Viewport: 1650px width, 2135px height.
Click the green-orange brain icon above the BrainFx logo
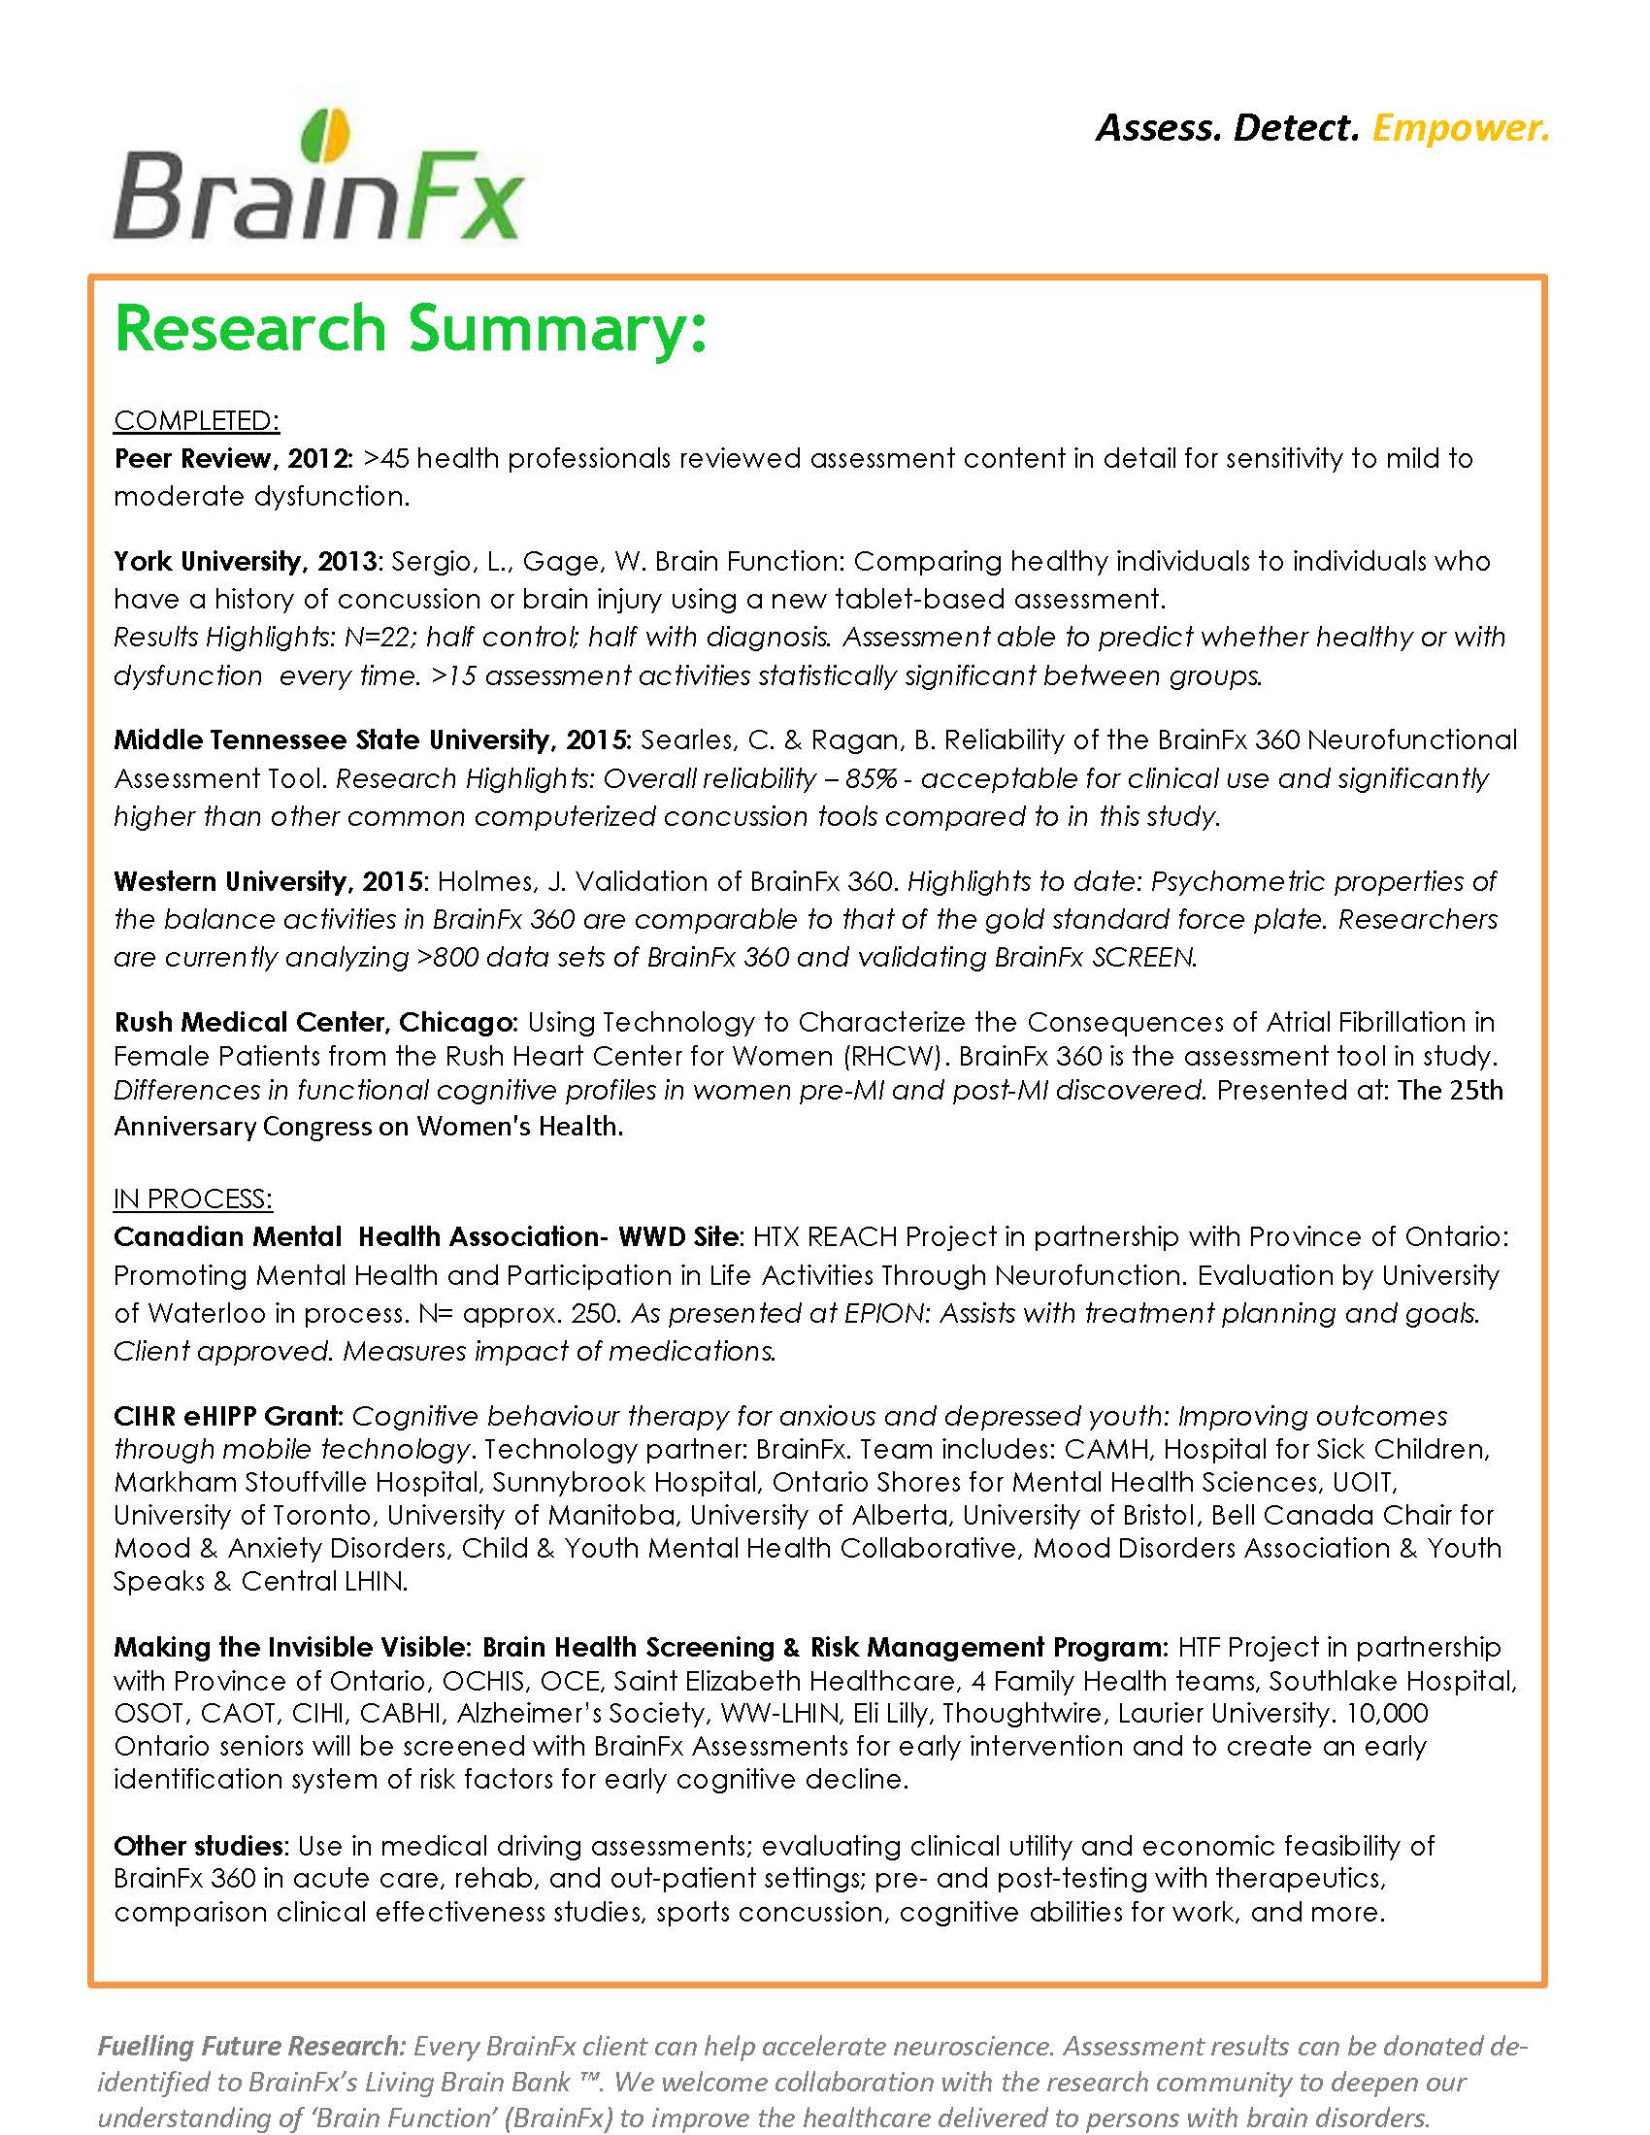click(326, 135)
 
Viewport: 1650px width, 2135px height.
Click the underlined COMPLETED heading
click(196, 420)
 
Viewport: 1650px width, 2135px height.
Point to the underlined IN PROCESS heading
click(192, 1199)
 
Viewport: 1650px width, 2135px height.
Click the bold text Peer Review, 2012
click(233, 458)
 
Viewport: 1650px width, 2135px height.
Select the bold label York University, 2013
click(246, 561)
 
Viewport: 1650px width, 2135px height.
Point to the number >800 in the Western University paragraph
click(446, 957)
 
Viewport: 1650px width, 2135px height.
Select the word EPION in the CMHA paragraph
click(883, 1313)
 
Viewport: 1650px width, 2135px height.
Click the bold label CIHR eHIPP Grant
click(228, 1417)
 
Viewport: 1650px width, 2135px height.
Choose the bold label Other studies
click(198, 1847)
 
